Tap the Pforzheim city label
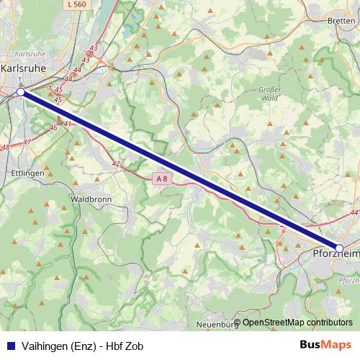click(335, 254)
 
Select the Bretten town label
click(341, 21)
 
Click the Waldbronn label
click(90, 198)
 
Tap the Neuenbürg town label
click(217, 325)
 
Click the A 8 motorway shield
click(162, 178)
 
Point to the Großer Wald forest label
click(269, 93)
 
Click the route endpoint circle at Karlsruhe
click(21, 92)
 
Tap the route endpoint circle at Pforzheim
click(339, 248)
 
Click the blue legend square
click(9, 346)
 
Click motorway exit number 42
click(115, 163)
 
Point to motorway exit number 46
click(53, 127)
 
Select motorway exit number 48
click(5, 147)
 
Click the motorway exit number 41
click(68, 124)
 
